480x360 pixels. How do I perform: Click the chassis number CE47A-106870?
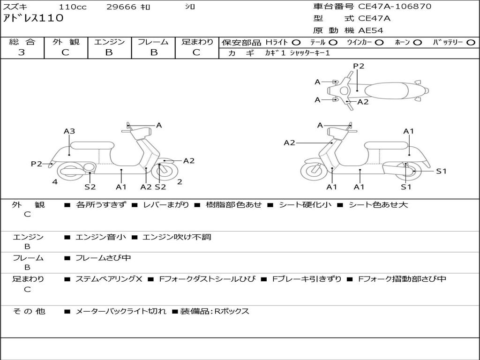point(395,7)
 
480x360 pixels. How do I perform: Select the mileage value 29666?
point(121,7)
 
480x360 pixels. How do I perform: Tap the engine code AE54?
point(371,30)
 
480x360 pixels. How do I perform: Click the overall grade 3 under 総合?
point(22,52)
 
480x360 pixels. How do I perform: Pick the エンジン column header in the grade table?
point(109,42)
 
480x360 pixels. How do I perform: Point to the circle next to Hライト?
point(296,43)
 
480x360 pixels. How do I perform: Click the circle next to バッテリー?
point(471,43)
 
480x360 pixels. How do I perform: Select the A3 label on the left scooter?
point(69,131)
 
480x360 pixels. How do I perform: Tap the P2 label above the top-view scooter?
point(359,66)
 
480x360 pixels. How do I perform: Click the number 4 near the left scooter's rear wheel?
point(55,182)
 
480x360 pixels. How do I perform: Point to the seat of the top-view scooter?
point(386,90)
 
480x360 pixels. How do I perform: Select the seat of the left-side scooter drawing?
point(91,145)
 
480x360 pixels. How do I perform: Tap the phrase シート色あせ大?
point(378,205)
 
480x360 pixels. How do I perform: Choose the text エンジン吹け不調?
point(177,237)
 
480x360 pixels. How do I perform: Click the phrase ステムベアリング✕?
point(109,279)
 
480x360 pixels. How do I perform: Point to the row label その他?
point(29,311)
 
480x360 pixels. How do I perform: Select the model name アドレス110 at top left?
point(33,19)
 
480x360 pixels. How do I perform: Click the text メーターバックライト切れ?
point(120,311)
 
